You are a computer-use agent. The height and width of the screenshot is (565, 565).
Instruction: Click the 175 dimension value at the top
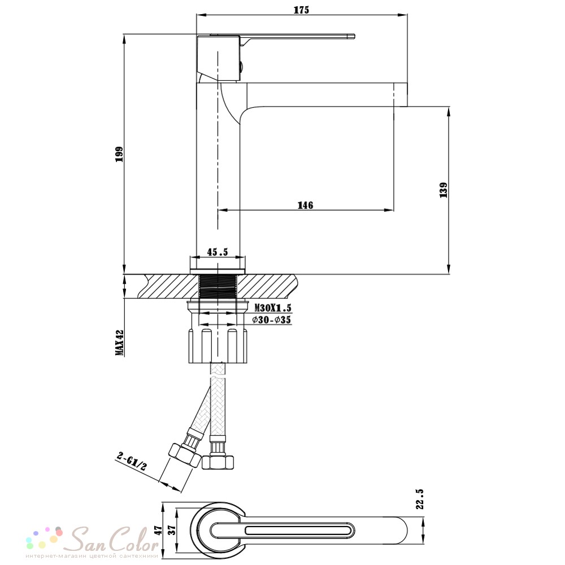click(301, 10)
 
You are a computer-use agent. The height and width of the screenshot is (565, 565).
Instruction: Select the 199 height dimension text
click(119, 154)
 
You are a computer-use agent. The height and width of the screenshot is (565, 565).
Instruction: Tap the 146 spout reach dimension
click(305, 205)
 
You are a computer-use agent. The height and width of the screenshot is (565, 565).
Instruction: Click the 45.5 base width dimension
click(218, 252)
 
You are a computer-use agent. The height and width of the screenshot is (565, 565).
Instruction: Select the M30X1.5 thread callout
click(273, 308)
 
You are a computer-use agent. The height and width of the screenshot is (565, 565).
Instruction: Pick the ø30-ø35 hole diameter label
click(271, 320)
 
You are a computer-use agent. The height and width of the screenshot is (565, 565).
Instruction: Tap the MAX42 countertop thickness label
click(120, 342)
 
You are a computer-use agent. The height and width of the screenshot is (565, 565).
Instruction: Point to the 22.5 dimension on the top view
click(420, 499)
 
